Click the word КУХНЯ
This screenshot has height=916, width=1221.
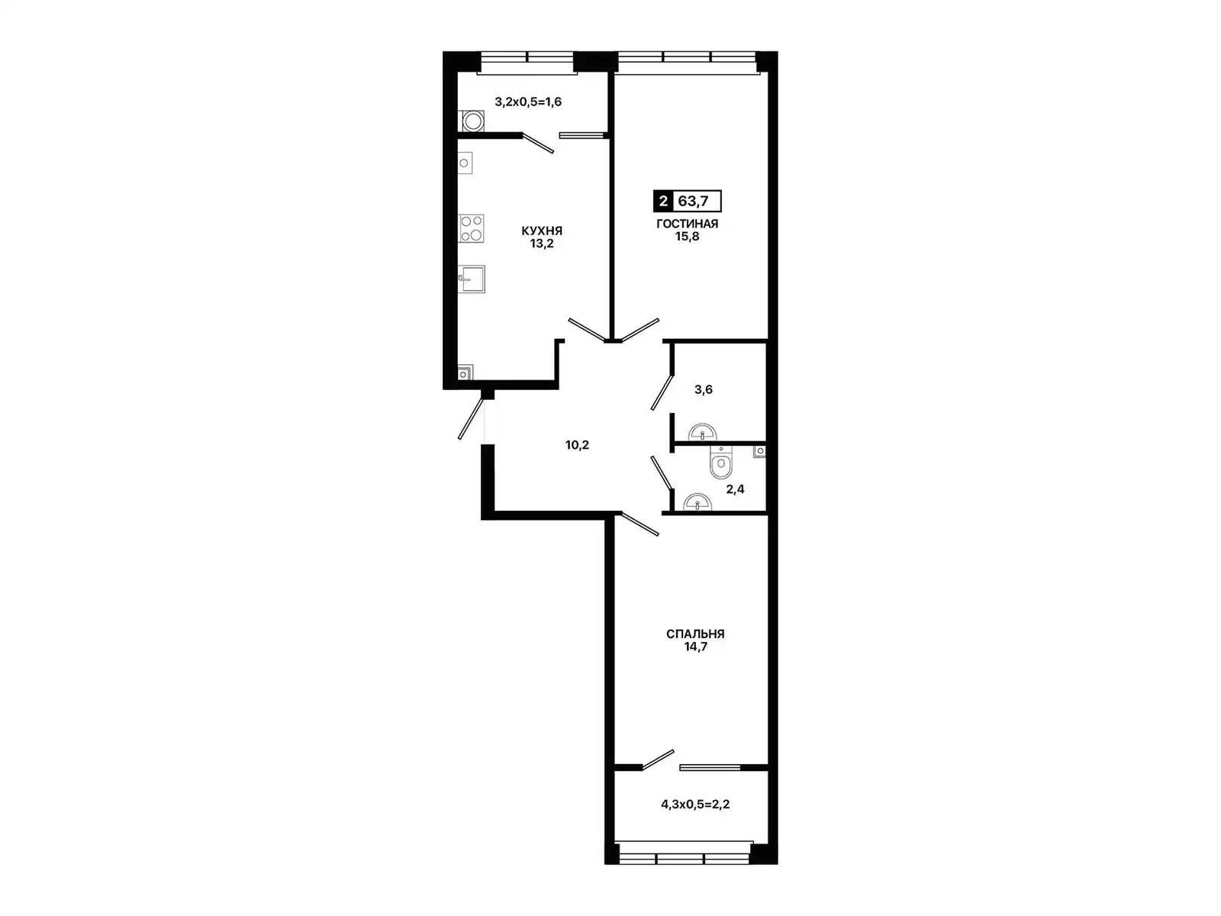point(541,231)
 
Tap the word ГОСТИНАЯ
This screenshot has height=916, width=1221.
point(687,224)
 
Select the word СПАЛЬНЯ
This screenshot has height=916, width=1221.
point(695,634)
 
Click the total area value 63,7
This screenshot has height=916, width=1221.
point(693,201)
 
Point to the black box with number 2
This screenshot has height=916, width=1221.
point(663,201)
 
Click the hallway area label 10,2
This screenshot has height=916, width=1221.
point(577,445)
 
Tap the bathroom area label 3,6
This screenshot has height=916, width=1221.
point(703,389)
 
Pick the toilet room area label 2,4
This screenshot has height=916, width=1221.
point(735,489)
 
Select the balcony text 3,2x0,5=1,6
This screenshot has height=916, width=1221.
point(528,102)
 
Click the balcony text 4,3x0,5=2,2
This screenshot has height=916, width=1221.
point(695,805)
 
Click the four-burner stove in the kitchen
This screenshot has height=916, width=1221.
point(471,228)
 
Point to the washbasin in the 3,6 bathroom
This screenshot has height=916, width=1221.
point(703,433)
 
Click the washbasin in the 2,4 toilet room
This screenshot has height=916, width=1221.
point(697,502)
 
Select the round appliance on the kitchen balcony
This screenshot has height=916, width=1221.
point(471,121)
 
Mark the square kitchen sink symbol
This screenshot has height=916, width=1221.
point(471,279)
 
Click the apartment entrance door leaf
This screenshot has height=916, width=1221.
point(471,419)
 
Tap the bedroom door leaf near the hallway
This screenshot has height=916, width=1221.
point(639,524)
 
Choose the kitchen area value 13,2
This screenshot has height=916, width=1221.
point(541,244)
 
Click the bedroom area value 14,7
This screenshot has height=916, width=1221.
point(695,647)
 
